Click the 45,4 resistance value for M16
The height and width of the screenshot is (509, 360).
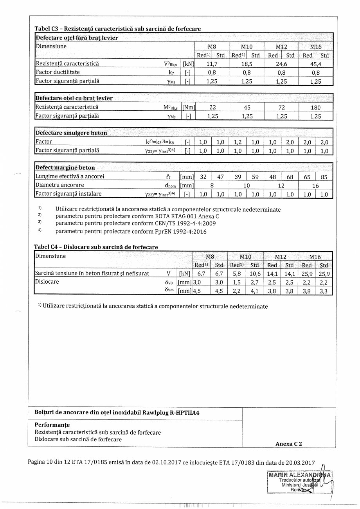315,63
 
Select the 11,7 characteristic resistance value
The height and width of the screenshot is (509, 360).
212,63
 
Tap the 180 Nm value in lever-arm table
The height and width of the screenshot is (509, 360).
315,107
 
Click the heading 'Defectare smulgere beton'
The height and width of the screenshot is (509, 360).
71,133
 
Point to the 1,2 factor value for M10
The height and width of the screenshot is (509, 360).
238,142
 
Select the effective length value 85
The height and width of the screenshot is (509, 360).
324,177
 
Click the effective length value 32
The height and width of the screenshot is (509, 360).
203,177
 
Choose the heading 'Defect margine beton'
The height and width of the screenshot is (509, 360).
65,168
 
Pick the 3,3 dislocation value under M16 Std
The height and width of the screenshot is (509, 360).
324,291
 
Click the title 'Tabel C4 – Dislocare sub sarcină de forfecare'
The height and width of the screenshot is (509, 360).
96,247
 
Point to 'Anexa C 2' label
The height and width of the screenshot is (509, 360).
288,444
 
